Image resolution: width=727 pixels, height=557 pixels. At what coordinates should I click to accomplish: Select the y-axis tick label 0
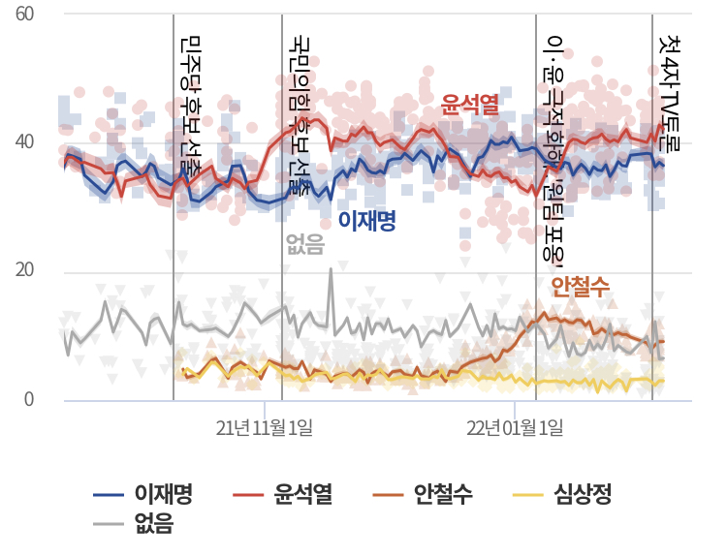[x=30, y=399]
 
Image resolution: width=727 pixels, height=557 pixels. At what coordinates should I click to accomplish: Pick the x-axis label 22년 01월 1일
[x=515, y=427]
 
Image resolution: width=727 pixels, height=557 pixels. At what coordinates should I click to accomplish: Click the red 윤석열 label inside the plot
[x=470, y=103]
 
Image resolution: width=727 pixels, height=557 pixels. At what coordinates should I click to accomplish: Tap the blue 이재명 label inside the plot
[x=367, y=222]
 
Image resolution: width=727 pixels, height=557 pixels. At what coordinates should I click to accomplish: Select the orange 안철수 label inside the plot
[x=580, y=286]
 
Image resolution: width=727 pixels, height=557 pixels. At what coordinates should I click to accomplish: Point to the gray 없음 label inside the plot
[x=306, y=245]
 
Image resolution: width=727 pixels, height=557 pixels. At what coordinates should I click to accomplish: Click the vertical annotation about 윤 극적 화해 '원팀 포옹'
[x=555, y=145]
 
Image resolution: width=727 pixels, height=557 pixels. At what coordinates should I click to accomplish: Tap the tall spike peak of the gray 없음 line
[x=331, y=269]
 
